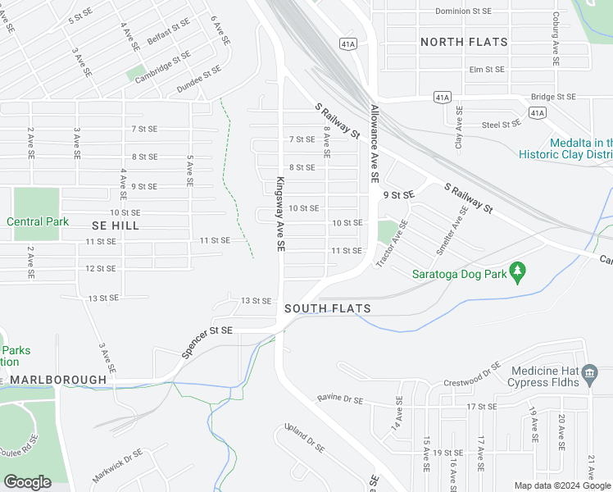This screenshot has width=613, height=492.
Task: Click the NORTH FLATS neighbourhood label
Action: pos(463,42)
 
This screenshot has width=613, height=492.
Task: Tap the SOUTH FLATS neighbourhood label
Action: pos(328,309)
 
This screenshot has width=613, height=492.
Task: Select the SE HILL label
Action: pos(115,225)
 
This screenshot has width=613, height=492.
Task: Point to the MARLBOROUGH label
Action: pos(58,380)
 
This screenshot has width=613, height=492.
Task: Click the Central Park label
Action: pos(38,221)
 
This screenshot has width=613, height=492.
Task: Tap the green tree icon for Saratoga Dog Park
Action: pos(517,271)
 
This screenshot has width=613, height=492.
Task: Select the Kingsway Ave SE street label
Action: pos(280,214)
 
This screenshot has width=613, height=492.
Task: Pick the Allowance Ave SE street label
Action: pos(374,143)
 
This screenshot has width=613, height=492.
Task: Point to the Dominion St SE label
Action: pos(463,11)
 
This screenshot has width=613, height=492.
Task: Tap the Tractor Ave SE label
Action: pos(391,243)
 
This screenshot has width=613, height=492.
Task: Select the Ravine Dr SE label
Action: pos(340,399)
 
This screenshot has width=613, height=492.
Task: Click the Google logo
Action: pos(28,483)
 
